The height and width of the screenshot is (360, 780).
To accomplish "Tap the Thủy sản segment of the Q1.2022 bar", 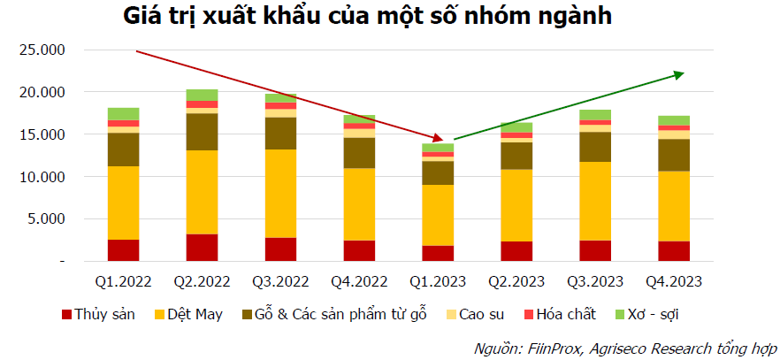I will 123,250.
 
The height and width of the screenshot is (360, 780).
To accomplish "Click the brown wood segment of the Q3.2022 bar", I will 280,134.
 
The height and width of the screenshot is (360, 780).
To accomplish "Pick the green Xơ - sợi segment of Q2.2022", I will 202,95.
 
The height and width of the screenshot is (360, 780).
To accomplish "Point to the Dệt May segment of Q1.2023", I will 438,215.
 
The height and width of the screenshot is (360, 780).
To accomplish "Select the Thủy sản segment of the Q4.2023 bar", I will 674,251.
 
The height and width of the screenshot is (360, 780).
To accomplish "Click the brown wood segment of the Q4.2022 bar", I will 359,153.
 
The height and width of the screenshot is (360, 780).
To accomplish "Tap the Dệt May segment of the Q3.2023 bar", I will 595,201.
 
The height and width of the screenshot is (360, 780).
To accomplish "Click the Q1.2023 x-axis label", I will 438,282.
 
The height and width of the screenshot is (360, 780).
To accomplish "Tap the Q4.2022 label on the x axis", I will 359,282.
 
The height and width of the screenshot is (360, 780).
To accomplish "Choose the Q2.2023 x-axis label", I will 516,282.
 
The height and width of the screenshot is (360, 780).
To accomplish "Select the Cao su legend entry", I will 478,314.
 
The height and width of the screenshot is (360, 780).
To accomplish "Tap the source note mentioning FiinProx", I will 624,347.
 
